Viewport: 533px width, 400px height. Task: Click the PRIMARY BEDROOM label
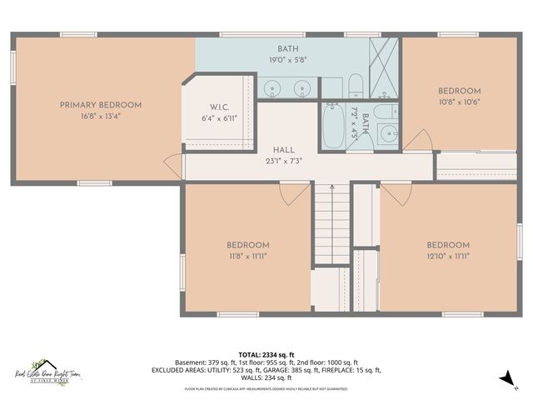(x=100, y=105)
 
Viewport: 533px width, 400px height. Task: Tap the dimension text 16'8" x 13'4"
(x=100, y=117)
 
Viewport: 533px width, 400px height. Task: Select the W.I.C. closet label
(x=218, y=107)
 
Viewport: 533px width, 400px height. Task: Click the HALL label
(x=283, y=150)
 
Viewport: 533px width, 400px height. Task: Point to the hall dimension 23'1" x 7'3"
(x=283, y=161)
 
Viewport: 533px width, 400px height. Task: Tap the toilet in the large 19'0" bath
(x=355, y=84)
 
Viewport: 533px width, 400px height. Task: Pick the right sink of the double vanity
(x=301, y=87)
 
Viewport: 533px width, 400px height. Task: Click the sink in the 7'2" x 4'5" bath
(x=386, y=132)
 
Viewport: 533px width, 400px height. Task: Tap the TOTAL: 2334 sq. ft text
(x=266, y=354)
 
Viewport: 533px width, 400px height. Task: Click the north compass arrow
(x=506, y=379)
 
